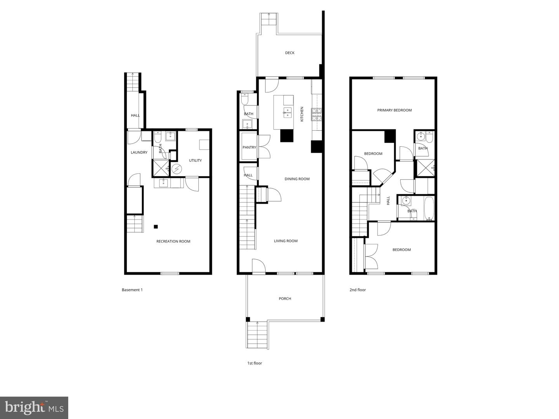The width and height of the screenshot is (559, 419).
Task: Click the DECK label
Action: tap(290, 53)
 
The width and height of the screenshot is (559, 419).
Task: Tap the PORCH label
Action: tap(285, 299)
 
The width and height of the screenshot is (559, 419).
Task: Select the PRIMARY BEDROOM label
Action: tap(394, 110)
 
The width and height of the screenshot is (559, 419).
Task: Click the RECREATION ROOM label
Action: tap(173, 241)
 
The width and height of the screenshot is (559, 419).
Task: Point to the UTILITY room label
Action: tap(195, 161)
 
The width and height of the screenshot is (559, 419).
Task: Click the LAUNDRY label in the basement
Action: tap(139, 152)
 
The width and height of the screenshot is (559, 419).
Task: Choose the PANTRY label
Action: tap(249, 147)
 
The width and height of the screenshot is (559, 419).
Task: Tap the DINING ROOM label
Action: tap(297, 179)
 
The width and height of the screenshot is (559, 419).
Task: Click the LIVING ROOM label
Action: tap(286, 241)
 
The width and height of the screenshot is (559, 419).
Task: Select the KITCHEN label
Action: tap(302, 114)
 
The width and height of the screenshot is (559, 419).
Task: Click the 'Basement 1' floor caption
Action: tap(132, 290)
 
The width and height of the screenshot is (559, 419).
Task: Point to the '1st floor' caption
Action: tap(255, 363)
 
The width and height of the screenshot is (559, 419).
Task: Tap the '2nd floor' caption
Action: tap(358, 290)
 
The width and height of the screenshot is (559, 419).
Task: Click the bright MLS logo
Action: tap(34, 407)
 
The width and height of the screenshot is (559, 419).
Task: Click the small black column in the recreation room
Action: tap(156, 227)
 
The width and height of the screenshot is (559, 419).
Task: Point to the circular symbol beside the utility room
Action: tap(177, 169)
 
